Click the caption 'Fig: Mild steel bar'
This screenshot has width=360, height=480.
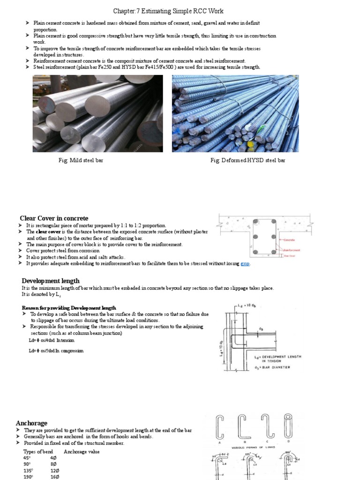click(x=81, y=160)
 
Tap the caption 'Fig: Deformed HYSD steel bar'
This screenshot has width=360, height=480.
click(x=248, y=160)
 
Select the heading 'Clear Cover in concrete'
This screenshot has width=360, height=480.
click(x=54, y=218)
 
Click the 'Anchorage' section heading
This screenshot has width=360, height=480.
click(x=32, y=423)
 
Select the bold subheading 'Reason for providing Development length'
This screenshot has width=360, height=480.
click(x=69, y=307)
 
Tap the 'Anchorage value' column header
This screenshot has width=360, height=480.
click(x=82, y=451)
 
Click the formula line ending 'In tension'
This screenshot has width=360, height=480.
click(x=55, y=341)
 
